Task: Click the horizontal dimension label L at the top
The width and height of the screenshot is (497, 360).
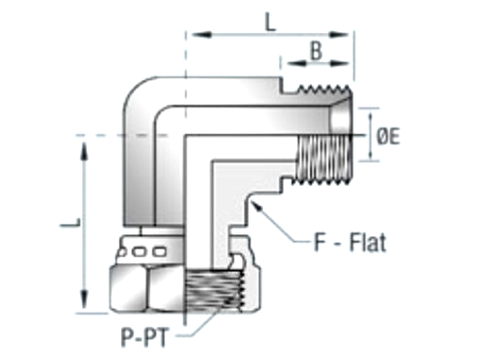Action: coord(270,22)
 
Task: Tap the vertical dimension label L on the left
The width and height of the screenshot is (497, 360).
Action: coord(71,224)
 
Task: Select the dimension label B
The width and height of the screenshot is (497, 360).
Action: coord(316,51)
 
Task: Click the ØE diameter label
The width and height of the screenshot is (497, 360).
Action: coord(388,136)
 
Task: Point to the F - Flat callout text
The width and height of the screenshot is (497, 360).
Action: coord(350,242)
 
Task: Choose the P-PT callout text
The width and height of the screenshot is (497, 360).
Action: coord(144,338)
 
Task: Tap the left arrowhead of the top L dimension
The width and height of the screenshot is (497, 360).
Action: coord(192,34)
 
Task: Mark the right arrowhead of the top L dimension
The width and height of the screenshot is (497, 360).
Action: coord(349,34)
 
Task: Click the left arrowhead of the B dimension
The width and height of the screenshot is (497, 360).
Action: coord(286,63)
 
